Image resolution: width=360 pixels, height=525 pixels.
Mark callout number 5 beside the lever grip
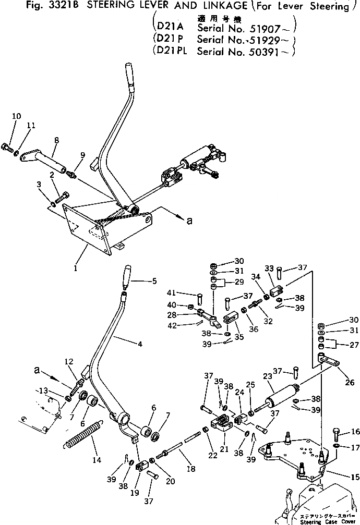tap(154, 282)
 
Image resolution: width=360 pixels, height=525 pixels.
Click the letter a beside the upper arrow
tap(189, 221)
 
